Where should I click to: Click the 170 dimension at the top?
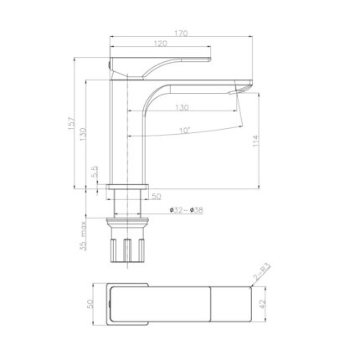[x=182, y=33]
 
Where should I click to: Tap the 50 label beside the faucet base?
[x=156, y=197]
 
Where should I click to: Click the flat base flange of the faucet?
[x=129, y=186]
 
